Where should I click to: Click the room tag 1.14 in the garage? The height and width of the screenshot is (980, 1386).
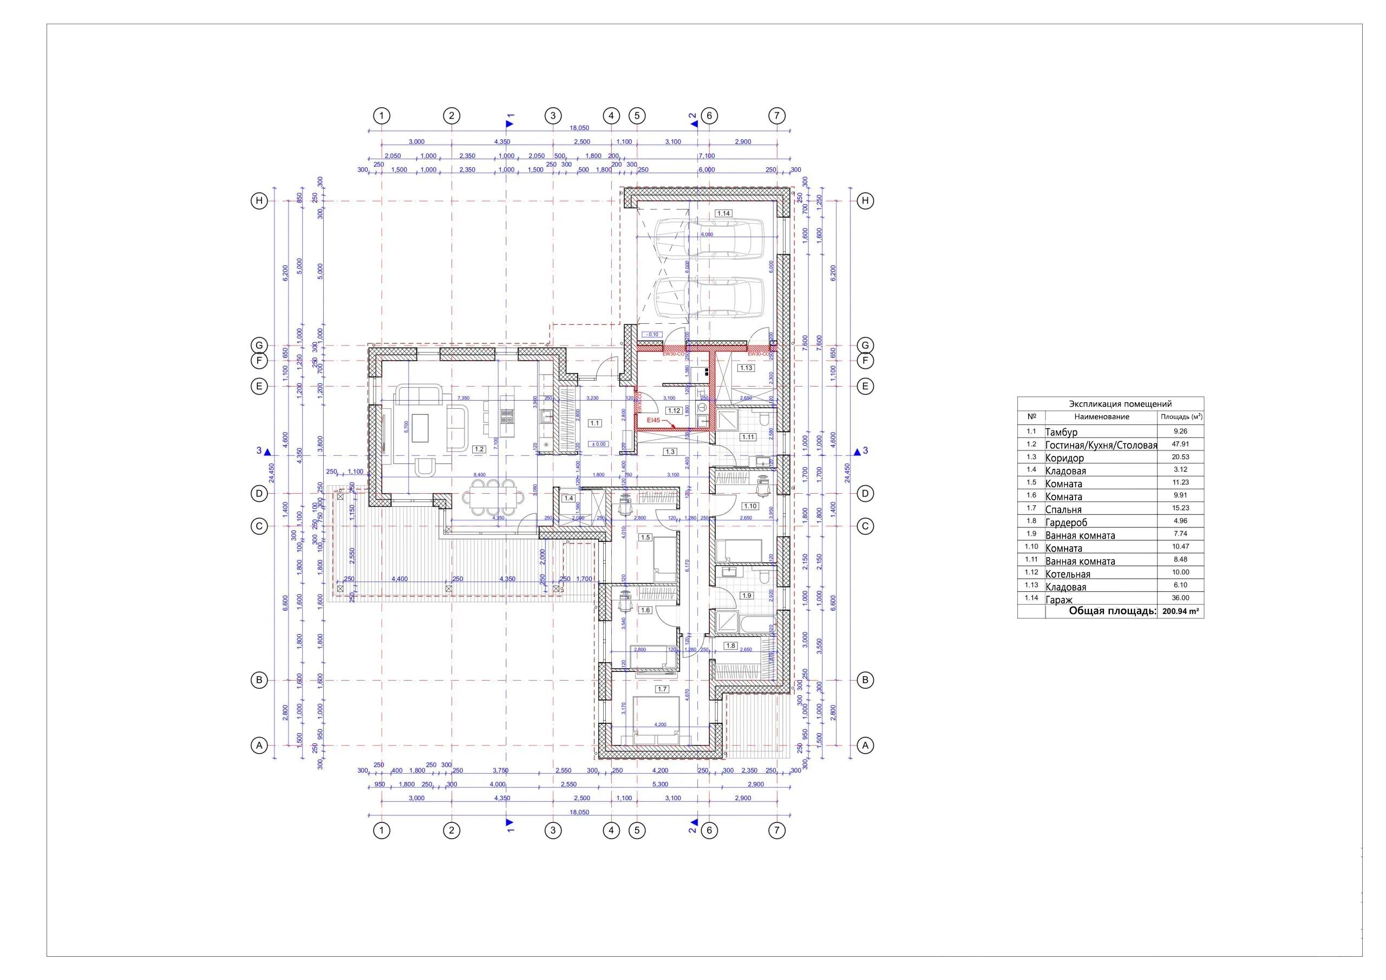723,213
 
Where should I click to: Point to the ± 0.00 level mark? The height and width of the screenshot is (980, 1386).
599,444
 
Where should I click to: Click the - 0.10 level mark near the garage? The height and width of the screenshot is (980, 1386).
652,335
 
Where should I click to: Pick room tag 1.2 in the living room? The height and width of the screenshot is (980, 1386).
479,449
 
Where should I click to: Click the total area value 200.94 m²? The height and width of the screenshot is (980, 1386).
1180,612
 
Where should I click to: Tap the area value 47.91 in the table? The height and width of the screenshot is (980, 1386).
1180,445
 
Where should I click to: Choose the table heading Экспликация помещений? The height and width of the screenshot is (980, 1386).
1112,404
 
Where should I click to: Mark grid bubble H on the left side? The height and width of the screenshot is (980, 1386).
259,201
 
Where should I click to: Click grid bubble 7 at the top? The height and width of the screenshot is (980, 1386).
777,115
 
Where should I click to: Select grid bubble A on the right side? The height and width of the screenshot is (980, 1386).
865,746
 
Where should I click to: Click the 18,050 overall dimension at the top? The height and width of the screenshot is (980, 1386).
579,128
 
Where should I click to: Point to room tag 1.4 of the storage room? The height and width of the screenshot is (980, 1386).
568,498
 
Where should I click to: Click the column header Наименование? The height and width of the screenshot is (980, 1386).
1101,417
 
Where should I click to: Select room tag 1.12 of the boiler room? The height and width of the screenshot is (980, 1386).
674,410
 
